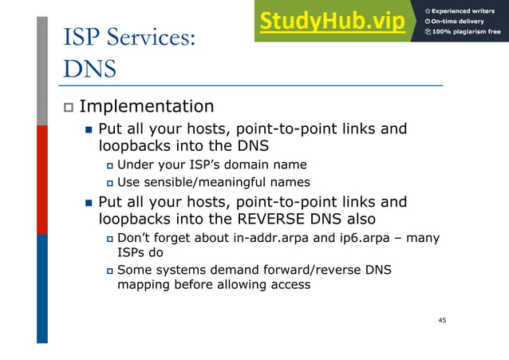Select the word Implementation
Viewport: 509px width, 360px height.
(146, 106)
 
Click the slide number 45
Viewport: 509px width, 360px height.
(442, 320)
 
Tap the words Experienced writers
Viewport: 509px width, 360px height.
(466, 10)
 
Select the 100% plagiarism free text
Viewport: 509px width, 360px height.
(466, 32)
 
